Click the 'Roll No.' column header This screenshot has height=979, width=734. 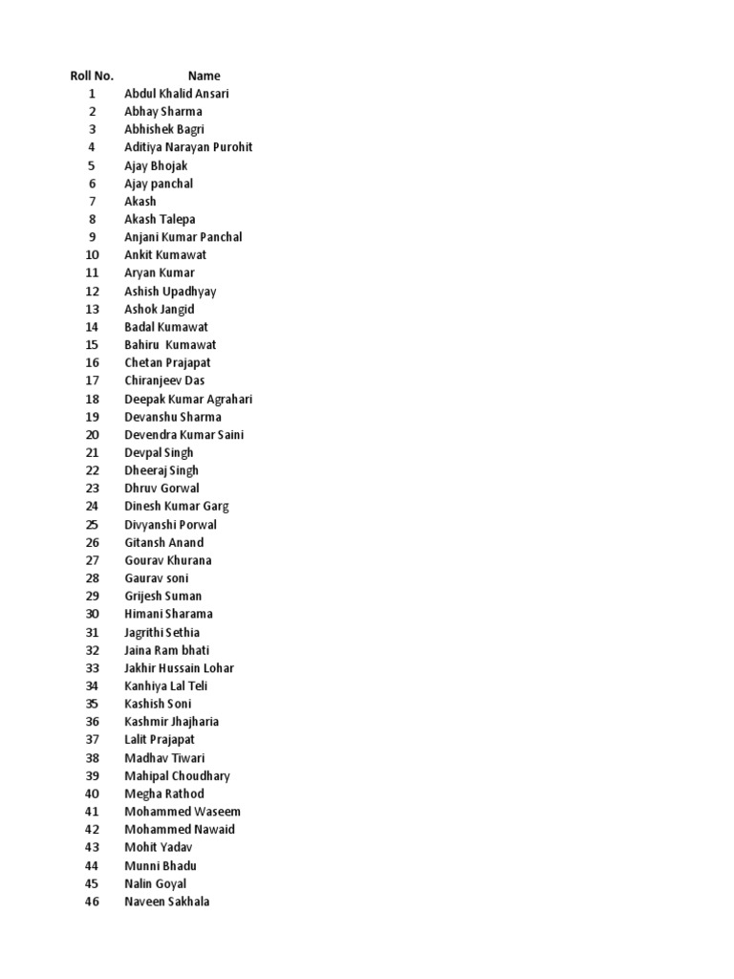92,76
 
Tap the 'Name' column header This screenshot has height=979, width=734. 204,76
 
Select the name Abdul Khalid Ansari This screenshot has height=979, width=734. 176,94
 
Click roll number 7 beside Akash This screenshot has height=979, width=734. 92,201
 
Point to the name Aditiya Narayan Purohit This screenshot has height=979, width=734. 188,147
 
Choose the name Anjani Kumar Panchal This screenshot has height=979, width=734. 183,237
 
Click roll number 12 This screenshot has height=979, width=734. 92,291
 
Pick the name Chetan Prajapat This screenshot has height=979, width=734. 167,362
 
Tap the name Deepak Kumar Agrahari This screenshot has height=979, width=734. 188,399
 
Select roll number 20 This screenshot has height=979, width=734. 92,434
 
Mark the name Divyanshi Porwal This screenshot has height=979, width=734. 170,524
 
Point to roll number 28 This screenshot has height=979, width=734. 92,578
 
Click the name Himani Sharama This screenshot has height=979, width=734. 168,614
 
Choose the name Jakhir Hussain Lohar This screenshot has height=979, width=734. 179,668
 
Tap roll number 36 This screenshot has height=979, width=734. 92,722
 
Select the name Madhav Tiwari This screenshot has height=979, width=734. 164,758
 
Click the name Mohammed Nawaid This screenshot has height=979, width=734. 180,830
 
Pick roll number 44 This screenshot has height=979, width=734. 92,866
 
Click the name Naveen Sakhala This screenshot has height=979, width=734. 167,902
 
